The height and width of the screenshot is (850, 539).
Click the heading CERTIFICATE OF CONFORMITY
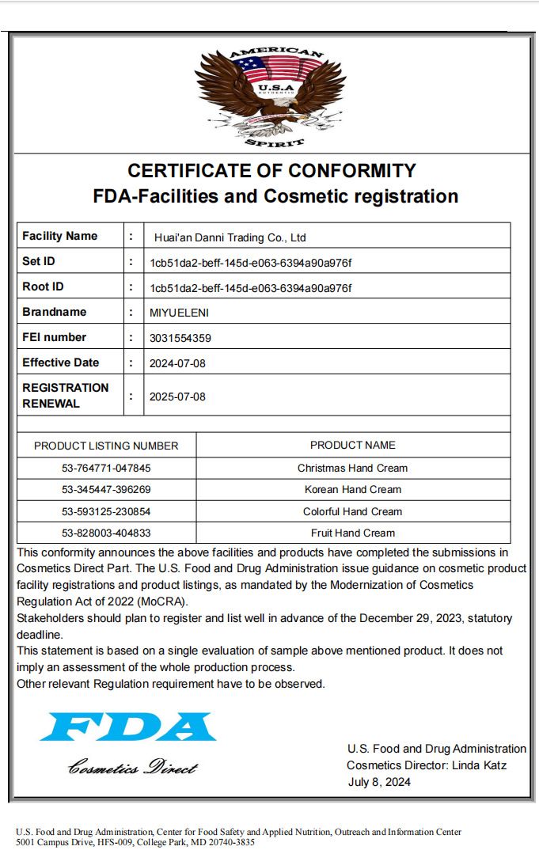click(271, 170)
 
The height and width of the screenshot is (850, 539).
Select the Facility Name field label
click(60, 236)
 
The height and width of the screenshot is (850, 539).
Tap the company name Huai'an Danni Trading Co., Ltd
click(230, 237)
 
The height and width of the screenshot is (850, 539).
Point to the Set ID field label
click(39, 261)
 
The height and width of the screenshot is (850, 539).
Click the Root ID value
click(250, 287)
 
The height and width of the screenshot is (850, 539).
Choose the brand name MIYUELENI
click(179, 313)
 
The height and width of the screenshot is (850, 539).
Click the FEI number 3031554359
click(180, 338)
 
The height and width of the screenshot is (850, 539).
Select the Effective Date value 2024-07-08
click(177, 363)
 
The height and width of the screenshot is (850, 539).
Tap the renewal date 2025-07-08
click(177, 397)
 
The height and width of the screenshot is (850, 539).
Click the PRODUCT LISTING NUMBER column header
click(106, 446)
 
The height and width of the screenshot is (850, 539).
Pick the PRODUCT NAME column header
click(352, 445)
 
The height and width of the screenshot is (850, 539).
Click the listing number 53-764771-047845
click(106, 468)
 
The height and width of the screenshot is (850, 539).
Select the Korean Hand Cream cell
click(352, 490)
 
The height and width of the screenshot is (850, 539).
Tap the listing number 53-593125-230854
click(106, 511)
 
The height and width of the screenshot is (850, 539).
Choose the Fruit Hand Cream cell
click(352, 533)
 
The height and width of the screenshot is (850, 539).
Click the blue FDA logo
click(128, 727)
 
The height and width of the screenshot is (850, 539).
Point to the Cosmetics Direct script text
click(132, 768)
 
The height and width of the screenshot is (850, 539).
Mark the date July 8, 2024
click(379, 782)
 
